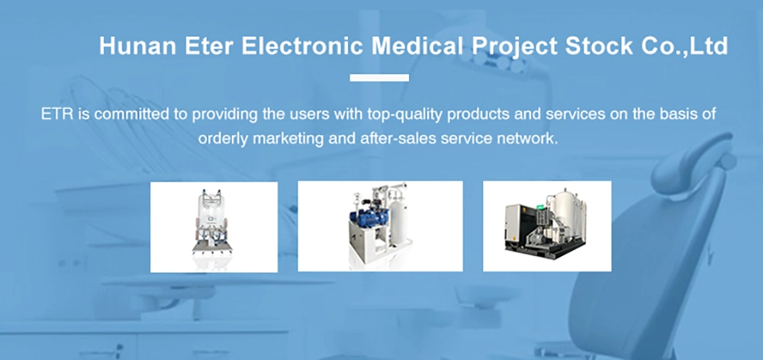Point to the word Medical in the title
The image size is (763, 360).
click(417, 47)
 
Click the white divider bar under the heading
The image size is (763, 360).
click(379, 78)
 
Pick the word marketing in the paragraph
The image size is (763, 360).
click(289, 139)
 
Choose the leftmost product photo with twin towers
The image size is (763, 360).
click(214, 227)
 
